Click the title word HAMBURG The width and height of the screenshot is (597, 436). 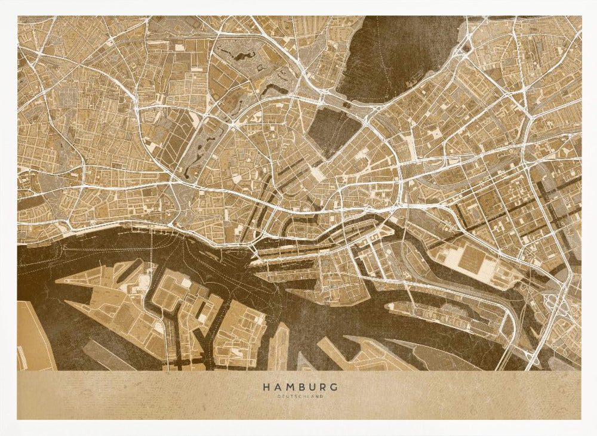coord(300,386)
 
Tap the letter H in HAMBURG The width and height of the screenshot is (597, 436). coord(266,386)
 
